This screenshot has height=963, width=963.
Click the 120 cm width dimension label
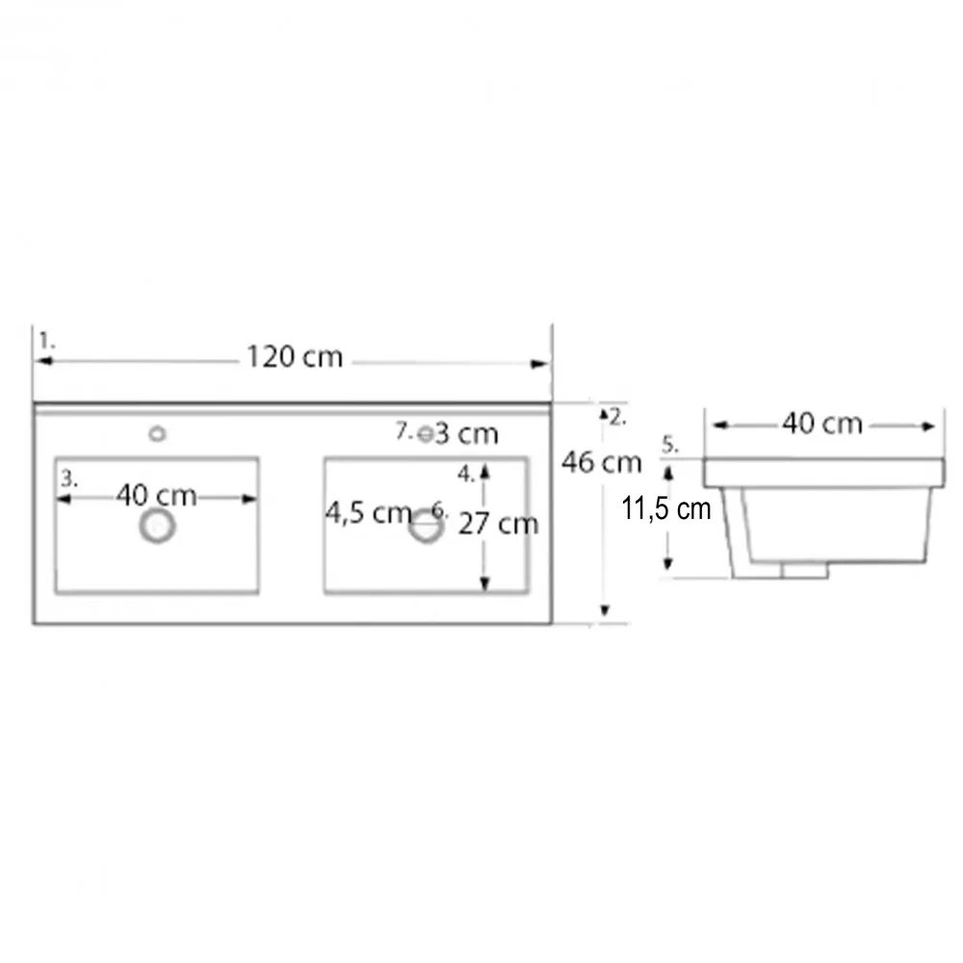point(294,357)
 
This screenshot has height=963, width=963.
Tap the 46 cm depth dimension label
point(601,462)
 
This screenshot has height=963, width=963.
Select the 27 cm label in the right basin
point(498,524)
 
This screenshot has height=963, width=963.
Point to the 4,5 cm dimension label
point(368,513)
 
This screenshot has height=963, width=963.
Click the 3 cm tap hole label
point(466,434)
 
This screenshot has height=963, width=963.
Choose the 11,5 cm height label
point(665,509)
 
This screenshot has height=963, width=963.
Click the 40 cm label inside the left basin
point(156,495)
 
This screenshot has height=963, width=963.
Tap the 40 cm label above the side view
point(821,424)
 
